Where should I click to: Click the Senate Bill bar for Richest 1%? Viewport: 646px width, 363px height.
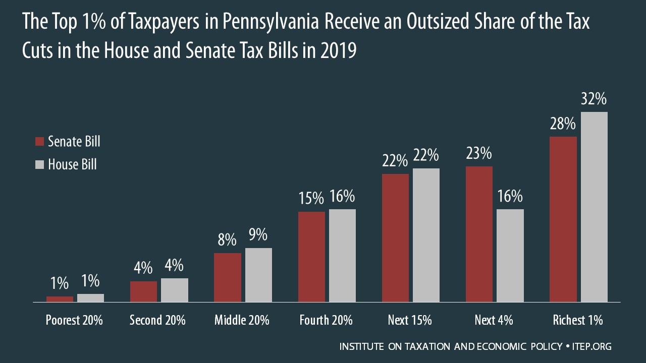pyautogui.click(x=563, y=219)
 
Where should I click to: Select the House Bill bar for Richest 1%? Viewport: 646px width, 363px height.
pyautogui.click(x=594, y=207)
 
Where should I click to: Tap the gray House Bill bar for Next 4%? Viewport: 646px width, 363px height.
pyautogui.click(x=510, y=256)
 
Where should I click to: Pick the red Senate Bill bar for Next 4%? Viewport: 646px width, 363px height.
pyautogui.click(x=479, y=234)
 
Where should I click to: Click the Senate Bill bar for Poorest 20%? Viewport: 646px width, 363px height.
pyautogui.click(x=60, y=299)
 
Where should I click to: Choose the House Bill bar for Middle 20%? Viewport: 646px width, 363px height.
pyautogui.click(x=258, y=275)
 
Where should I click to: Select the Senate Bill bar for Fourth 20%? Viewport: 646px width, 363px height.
pyautogui.click(x=311, y=257)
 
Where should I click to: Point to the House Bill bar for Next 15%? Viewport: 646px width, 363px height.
pyautogui.click(x=426, y=235)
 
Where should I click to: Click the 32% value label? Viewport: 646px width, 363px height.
pyautogui.click(x=594, y=100)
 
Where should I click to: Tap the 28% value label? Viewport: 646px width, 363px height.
pyautogui.click(x=562, y=124)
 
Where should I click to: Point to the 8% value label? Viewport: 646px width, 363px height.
pyautogui.click(x=227, y=240)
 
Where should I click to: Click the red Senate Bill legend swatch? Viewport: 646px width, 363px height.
pyautogui.click(x=40, y=142)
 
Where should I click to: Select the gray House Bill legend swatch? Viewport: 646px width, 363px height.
pyautogui.click(x=40, y=164)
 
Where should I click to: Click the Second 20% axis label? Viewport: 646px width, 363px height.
pyautogui.click(x=157, y=320)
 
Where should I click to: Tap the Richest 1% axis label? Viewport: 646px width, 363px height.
pyautogui.click(x=578, y=320)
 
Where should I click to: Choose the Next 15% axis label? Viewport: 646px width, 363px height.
pyautogui.click(x=410, y=320)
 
